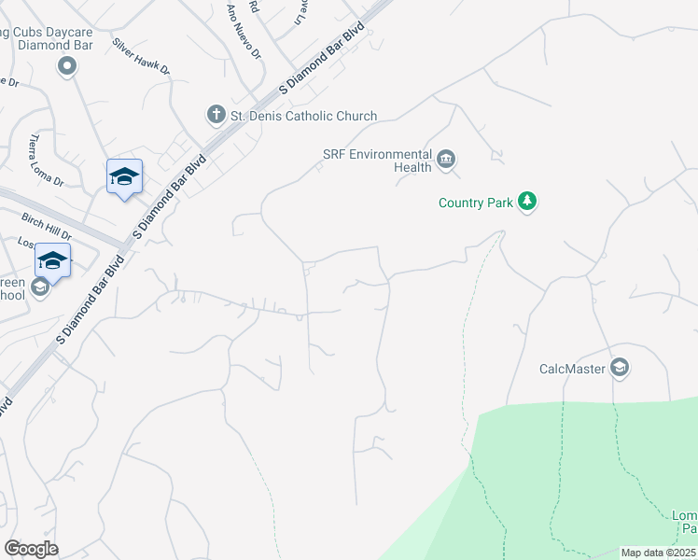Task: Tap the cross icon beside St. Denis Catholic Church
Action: pyautogui.click(x=216, y=115)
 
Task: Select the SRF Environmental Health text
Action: pyautogui.click(x=377, y=161)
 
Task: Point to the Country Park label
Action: pyautogui.click(x=476, y=202)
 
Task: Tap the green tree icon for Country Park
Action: pyautogui.click(x=527, y=202)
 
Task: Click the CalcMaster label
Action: pyautogui.click(x=572, y=369)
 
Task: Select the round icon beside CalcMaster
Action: pyautogui.click(x=620, y=368)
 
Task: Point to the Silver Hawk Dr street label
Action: pyautogui.click(x=142, y=56)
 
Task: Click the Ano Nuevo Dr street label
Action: pyautogui.click(x=244, y=31)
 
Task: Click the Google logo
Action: pyautogui.click(x=31, y=548)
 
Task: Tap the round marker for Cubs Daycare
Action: pyautogui.click(x=66, y=65)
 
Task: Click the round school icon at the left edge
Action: pyautogui.click(x=40, y=287)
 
